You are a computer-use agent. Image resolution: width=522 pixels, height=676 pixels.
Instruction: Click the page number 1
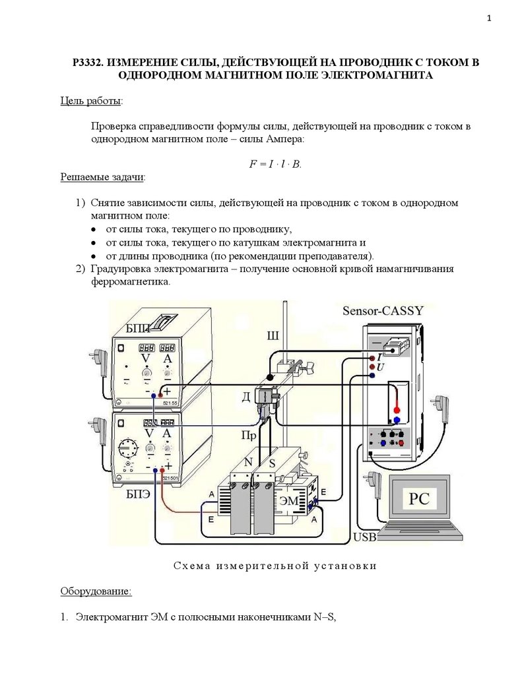(x=489, y=18)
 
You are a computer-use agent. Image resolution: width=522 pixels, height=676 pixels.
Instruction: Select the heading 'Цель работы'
(x=91, y=100)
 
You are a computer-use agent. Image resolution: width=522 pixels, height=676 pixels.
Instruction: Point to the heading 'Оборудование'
(x=96, y=590)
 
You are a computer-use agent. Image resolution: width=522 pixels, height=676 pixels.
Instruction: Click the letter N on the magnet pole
(x=248, y=462)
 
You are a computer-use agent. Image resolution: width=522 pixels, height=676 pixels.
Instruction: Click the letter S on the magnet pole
(x=270, y=462)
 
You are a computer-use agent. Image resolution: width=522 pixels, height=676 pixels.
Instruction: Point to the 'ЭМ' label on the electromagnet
(x=289, y=501)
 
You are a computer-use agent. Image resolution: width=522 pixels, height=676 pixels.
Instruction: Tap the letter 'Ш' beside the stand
(x=272, y=335)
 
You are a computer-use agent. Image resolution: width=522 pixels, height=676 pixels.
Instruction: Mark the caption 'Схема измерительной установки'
(x=275, y=566)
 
